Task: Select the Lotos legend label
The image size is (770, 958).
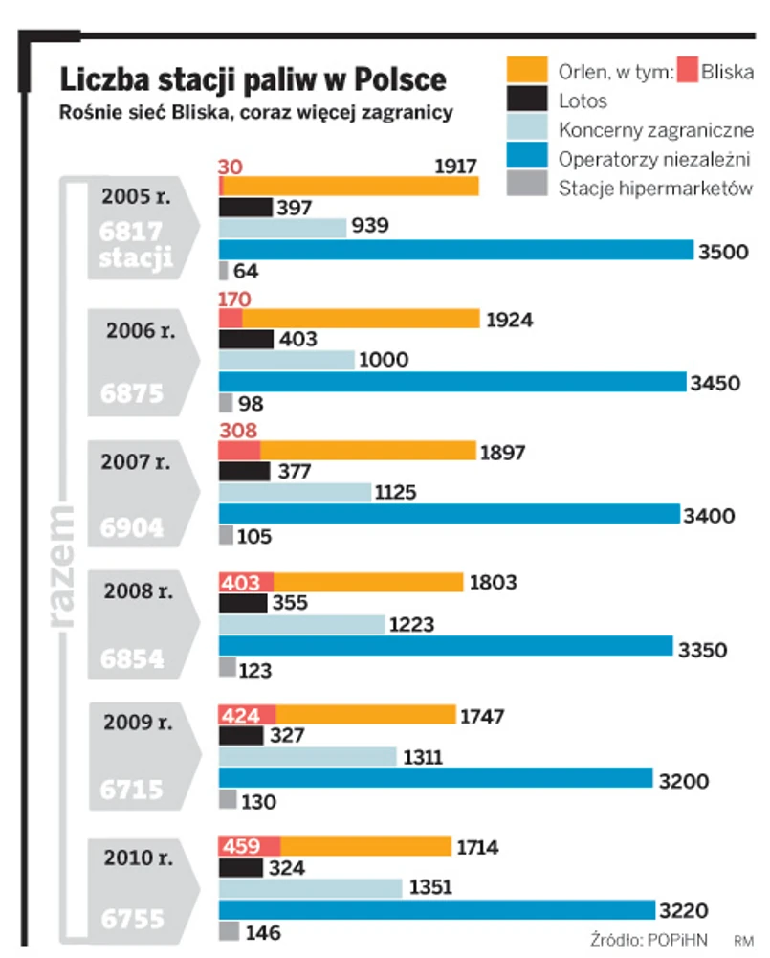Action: coord(583,100)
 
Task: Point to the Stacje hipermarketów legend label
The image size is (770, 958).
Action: coord(656,188)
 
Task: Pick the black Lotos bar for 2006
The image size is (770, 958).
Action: coord(246,339)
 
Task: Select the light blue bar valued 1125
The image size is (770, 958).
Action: coord(295,493)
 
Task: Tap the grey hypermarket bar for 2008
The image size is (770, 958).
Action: coord(228,668)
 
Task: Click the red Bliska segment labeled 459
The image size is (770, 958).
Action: coord(250,846)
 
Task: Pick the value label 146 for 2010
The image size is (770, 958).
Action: coord(263,931)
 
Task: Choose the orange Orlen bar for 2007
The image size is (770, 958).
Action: coord(367,450)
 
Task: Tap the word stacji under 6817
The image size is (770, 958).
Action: coord(136,256)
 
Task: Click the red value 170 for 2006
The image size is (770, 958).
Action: coord(234,299)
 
